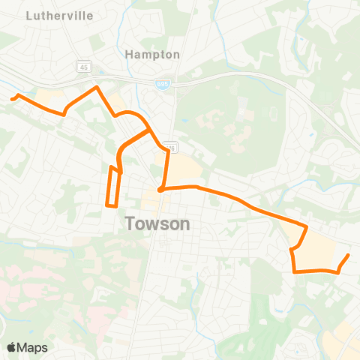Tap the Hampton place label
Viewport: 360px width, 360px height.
(x=153, y=55)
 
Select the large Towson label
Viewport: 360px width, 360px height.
(x=157, y=223)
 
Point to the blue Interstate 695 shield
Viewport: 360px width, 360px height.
(x=163, y=85)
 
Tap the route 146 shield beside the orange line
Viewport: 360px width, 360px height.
(x=172, y=147)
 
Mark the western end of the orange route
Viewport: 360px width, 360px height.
(x=11, y=97)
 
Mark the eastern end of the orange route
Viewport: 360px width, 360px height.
(x=349, y=256)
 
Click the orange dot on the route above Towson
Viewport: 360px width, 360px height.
(x=160, y=189)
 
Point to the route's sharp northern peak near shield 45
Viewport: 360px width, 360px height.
(x=97, y=88)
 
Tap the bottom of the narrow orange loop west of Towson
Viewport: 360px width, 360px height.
(x=112, y=204)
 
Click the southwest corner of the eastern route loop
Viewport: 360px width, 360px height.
(x=292, y=271)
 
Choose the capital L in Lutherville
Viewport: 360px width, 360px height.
(x=28, y=14)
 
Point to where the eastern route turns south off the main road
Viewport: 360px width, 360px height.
(x=306, y=226)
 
